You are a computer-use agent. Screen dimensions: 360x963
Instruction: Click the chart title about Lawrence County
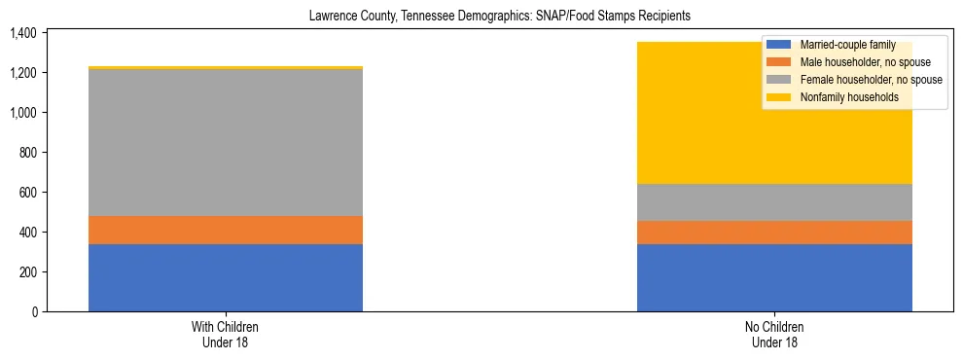[499, 16]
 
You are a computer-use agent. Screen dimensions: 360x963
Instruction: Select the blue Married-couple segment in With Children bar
[226, 277]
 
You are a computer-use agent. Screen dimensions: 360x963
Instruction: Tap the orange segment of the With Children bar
[226, 230]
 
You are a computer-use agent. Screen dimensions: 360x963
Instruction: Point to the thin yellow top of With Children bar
[226, 68]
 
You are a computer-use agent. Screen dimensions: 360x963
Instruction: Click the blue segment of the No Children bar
[774, 277]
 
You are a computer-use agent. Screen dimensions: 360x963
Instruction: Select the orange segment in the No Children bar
[774, 233]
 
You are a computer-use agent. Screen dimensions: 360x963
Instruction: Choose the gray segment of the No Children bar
[774, 202]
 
